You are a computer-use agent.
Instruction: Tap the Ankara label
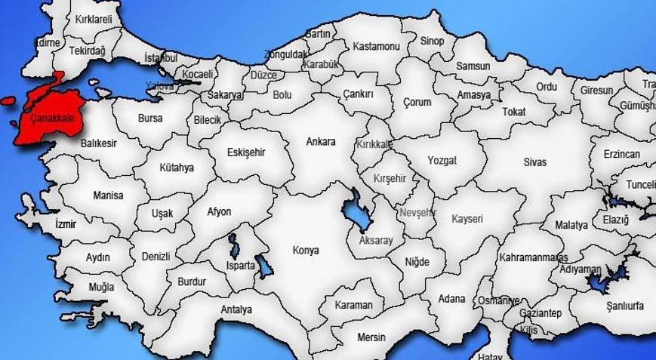320,141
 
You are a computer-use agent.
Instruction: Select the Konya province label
306,251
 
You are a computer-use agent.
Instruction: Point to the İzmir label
66,224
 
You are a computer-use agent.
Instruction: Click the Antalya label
236,309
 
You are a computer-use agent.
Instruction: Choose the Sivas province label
535,162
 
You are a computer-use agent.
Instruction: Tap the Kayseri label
467,219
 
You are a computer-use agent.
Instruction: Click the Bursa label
150,118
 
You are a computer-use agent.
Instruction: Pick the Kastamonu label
376,47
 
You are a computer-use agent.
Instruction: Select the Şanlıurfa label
625,305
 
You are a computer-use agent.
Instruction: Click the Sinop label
433,41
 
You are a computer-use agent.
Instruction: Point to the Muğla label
100,288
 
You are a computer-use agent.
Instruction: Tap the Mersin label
371,337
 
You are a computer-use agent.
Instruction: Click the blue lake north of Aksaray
354,211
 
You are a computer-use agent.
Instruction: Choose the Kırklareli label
94,19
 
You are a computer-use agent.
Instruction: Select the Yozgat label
442,161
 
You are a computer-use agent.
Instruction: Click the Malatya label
571,225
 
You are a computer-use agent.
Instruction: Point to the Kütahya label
177,168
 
